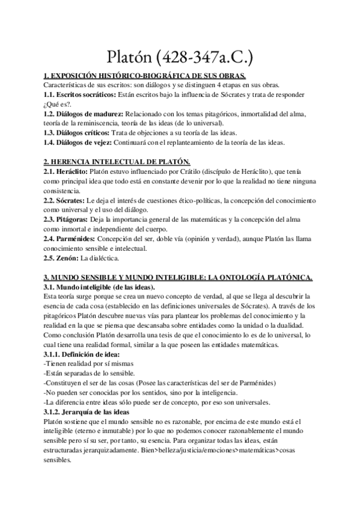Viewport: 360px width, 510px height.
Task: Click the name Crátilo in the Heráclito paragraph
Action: pos(210,171)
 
